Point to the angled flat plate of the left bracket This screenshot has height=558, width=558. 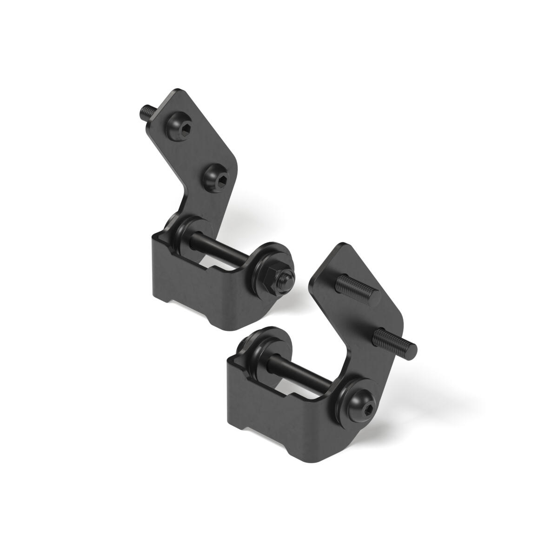pos(205,139)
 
